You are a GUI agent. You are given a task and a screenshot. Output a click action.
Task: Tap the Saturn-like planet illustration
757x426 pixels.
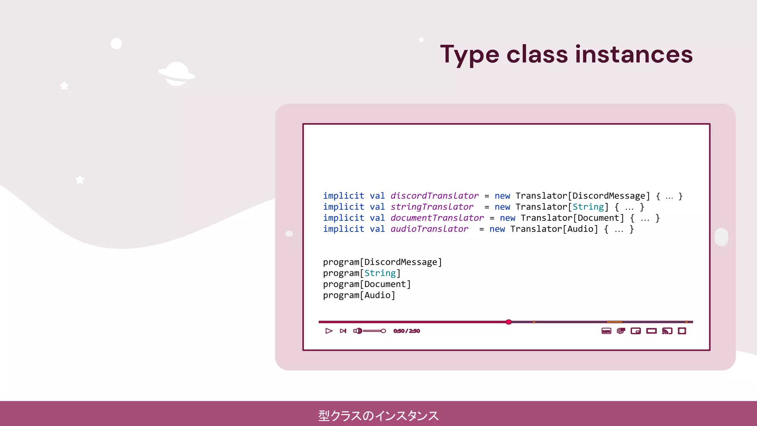click(x=177, y=74)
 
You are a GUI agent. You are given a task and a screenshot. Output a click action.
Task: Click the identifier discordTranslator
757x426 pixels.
click(x=434, y=196)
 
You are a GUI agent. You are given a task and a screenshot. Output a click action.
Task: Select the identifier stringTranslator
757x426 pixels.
click(x=432, y=207)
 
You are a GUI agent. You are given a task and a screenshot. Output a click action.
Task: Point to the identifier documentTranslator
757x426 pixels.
click(x=437, y=218)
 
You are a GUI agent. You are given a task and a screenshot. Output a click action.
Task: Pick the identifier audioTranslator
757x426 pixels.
click(x=429, y=229)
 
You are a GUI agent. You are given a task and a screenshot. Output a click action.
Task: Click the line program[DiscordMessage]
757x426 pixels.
click(x=382, y=262)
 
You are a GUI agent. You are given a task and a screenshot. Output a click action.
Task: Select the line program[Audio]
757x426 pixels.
click(x=359, y=295)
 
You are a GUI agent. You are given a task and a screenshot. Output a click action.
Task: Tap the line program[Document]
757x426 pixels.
click(x=367, y=284)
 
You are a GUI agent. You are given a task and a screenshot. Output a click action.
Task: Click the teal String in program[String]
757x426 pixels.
click(x=380, y=273)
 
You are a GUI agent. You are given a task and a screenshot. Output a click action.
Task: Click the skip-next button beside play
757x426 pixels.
click(x=343, y=331)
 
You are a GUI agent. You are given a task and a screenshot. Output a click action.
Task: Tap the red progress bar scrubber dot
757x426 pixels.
click(x=509, y=322)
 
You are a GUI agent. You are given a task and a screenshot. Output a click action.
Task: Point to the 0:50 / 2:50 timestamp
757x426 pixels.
click(x=407, y=331)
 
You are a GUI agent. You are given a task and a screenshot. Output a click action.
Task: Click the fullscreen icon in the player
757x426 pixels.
click(x=682, y=331)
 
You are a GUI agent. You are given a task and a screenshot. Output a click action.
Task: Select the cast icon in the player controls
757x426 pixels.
click(x=667, y=331)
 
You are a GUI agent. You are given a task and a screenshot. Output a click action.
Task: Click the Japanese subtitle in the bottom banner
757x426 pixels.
click(x=378, y=416)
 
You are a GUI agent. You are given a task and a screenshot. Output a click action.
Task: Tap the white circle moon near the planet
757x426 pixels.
click(x=116, y=44)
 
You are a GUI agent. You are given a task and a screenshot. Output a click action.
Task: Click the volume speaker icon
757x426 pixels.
click(x=357, y=331)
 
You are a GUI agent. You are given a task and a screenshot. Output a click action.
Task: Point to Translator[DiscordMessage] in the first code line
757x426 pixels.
click(x=583, y=196)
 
